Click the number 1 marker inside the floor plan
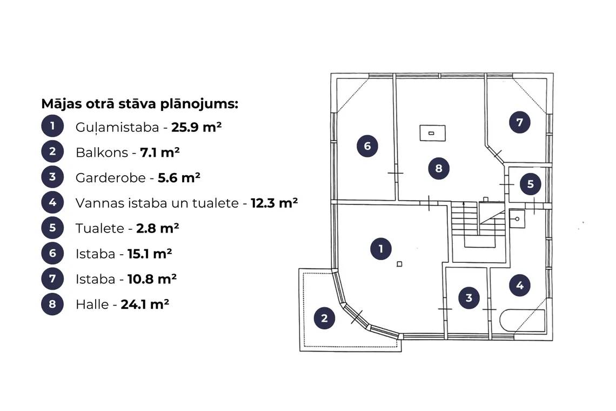[381, 249]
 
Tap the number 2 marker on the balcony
[324, 318]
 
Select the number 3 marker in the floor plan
[468, 298]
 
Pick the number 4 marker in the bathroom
[519, 285]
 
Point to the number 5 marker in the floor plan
[531, 184]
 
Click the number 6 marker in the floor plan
[367, 146]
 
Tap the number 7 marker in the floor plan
[519, 122]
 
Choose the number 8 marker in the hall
[438, 168]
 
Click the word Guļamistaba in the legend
[117, 128]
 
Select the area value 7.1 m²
[160, 152]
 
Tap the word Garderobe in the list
[110, 178]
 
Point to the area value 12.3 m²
[274, 203]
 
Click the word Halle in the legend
[92, 304]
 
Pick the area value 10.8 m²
[152, 279]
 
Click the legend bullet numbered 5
[52, 228]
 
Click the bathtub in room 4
[522, 321]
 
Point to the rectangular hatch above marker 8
[432, 133]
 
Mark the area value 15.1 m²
[150, 254]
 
